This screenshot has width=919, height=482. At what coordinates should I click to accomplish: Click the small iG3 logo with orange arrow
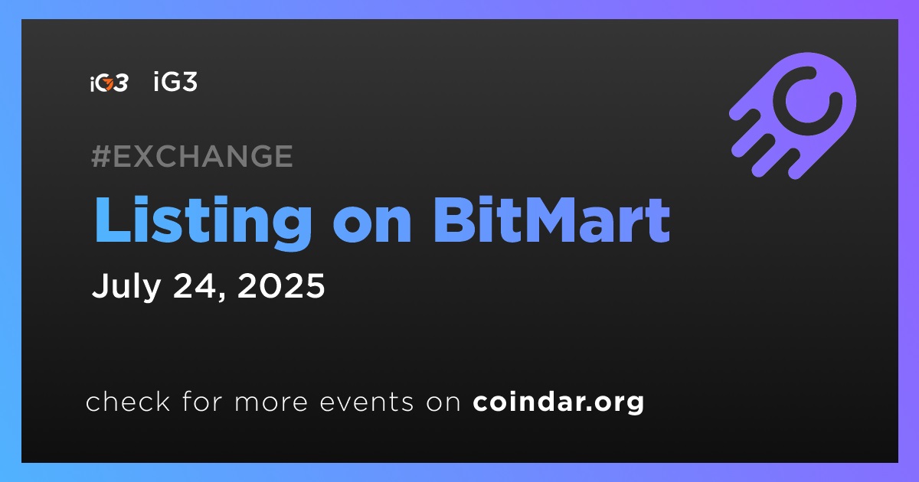coord(109,83)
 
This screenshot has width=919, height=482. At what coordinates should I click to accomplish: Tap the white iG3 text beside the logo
coord(175,81)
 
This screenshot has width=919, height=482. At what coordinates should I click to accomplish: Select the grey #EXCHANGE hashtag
coord(192,156)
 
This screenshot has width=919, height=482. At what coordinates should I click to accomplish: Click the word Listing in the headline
coord(203,221)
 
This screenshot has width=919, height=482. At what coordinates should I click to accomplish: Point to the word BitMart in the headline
coord(551,220)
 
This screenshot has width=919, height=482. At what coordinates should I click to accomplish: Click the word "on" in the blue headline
coord(372,226)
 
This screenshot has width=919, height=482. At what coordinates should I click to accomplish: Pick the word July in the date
coord(126,286)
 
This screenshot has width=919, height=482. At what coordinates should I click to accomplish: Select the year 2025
coord(282,285)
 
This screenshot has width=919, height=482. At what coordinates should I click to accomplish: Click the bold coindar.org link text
coord(558,402)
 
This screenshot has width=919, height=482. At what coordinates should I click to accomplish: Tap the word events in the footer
coord(367,402)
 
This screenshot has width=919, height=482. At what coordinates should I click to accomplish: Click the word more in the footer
coord(271,402)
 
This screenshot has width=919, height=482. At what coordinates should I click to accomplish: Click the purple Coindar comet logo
coord(793,116)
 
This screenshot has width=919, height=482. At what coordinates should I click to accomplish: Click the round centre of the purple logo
coord(807,100)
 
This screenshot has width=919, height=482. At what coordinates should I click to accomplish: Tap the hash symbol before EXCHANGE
coord(101,156)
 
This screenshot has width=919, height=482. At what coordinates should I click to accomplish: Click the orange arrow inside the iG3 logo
coord(109,84)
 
